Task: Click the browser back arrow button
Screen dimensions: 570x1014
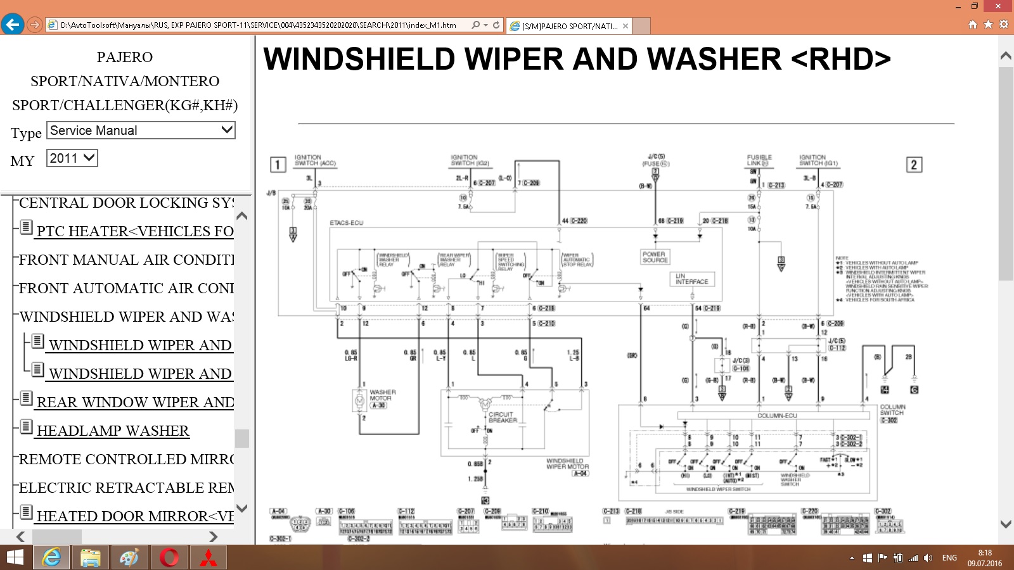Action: coord(13,25)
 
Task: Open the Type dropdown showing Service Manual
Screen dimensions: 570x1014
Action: coord(141,130)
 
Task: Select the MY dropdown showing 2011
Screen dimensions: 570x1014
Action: coord(72,158)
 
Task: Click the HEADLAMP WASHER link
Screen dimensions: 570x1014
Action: coord(113,431)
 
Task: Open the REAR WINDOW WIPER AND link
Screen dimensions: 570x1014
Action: coord(135,403)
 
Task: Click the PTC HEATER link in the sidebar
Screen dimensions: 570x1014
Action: coord(135,232)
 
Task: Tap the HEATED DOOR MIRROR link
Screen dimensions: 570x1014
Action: coord(135,517)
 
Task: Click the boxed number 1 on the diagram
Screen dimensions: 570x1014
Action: coord(278,165)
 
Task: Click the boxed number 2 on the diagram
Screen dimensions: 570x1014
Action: coord(913,165)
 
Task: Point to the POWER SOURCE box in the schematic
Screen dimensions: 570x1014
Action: coord(655,257)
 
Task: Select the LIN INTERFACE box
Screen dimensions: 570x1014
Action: coord(692,279)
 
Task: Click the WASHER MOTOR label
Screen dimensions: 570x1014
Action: coord(382,395)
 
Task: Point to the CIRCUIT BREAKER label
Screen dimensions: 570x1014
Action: coord(503,417)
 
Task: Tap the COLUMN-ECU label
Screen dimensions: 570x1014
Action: coord(777,416)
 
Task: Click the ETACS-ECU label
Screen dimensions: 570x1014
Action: coord(346,223)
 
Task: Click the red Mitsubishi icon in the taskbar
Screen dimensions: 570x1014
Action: coord(209,558)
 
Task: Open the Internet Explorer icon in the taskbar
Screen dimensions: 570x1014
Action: coord(51,558)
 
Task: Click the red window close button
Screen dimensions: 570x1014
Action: coord(998,6)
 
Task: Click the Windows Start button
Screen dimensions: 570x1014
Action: coord(15,558)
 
